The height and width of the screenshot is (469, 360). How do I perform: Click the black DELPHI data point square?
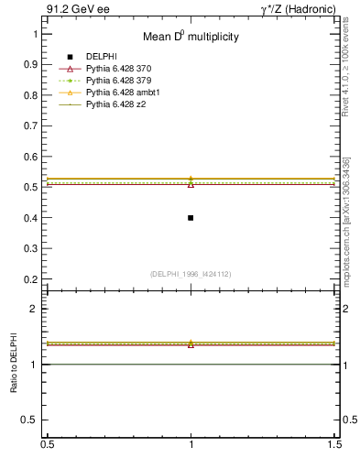pos(191,218)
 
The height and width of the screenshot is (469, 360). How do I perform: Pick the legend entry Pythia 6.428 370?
pos(120,69)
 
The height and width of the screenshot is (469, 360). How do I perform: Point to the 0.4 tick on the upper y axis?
pos(34,218)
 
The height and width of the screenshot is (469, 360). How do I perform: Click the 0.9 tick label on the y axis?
pos(34,64)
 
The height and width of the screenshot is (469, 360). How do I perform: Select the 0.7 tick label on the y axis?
pos(34,125)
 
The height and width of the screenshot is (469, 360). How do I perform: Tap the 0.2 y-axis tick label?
pos(34,279)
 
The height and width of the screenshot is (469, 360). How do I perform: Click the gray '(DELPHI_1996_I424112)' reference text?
pos(191,273)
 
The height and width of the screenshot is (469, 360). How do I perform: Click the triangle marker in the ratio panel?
pos(191,344)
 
